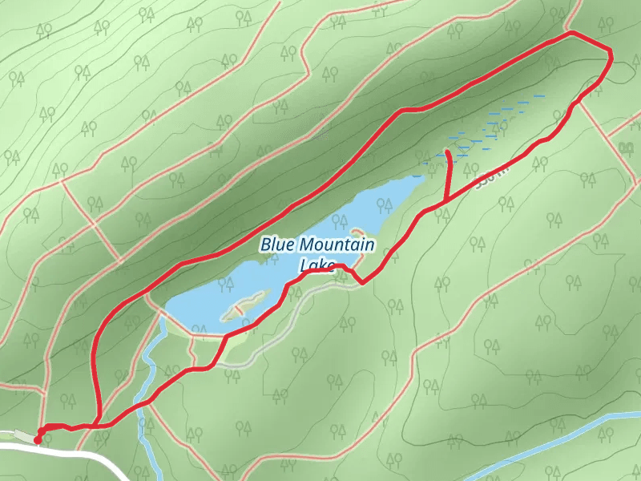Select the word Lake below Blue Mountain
click(x=316, y=265)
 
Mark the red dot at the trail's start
click(x=38, y=440)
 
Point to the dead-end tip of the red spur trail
click(x=447, y=151)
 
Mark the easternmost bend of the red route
click(x=611, y=56)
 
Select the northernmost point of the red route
click(x=571, y=33)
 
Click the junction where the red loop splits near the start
click(x=96, y=426)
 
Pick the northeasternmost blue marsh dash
click(x=539, y=95)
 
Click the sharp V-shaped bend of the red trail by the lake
click(x=362, y=282)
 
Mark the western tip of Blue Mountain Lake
click(x=165, y=309)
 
